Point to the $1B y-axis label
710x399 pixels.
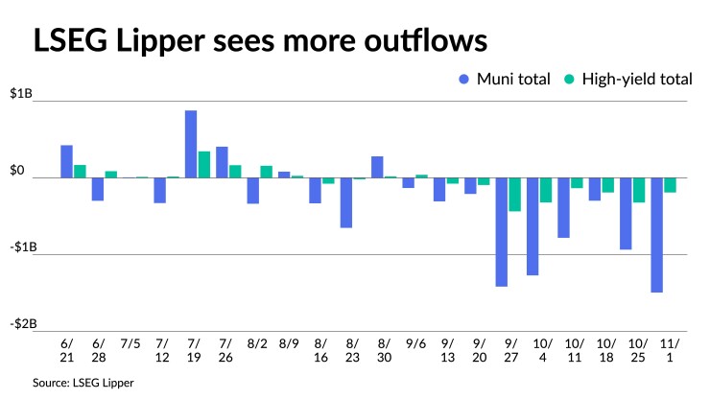tap(22, 93)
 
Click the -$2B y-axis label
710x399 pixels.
tap(24, 323)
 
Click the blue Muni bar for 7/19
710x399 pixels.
tap(191, 144)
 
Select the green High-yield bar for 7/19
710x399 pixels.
tap(204, 164)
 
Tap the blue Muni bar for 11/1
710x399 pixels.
tap(657, 235)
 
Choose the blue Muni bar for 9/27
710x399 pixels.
tap(502, 231)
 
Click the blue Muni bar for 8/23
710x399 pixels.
tap(346, 202)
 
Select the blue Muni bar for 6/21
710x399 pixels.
tap(67, 161)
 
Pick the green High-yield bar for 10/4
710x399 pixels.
tap(546, 190)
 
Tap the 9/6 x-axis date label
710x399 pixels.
tap(415, 341)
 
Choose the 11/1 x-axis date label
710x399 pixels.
tap(663, 348)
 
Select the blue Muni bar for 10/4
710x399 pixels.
tap(532, 226)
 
